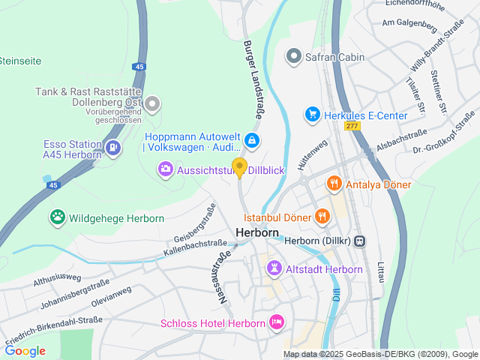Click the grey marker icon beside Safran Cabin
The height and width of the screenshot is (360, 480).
tap(294, 56)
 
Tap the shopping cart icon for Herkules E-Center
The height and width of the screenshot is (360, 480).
tap(312, 115)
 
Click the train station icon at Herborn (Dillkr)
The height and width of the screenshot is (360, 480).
tap(360, 241)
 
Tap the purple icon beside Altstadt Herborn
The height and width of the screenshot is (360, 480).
tap(275, 268)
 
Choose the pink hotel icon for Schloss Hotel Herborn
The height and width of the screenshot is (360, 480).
tap(277, 323)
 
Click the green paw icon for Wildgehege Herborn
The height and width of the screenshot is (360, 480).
tap(58, 218)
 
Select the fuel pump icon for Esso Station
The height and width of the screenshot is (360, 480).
tap(112, 148)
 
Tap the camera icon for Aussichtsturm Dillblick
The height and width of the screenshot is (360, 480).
tap(165, 170)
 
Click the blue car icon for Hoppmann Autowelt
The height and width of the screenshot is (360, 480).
tap(253, 139)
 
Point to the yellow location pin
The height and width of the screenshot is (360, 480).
tap(239, 167)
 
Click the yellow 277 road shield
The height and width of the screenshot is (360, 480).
tap(352, 126)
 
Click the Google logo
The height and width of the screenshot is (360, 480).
tap(25, 350)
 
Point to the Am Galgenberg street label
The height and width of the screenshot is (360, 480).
tap(409, 24)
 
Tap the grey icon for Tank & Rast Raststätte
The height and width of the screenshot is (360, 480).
tap(153, 104)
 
